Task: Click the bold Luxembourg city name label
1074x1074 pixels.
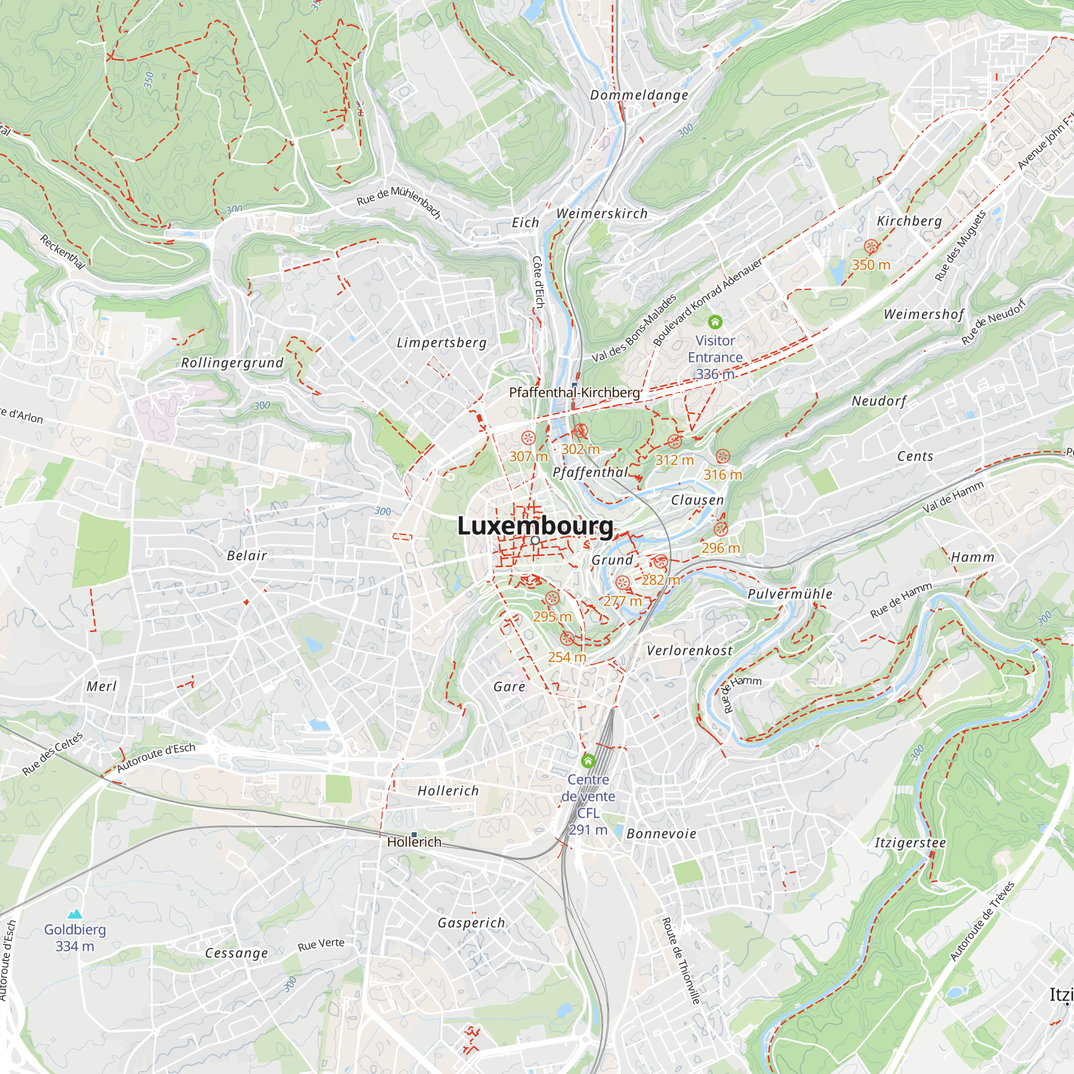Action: pos(535,526)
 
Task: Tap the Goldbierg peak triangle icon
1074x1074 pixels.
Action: pos(75,914)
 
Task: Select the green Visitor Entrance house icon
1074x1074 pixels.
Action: pos(715,322)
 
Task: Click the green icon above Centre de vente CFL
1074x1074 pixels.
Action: pos(588,760)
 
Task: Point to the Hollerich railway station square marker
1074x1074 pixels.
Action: pos(414,834)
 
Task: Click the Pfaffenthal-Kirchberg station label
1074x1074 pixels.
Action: pos(574,393)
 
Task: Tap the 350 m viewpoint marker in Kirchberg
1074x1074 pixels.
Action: pos(871,246)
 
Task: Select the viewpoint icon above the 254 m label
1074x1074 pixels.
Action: pos(567,638)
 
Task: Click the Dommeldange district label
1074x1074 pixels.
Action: pos(639,95)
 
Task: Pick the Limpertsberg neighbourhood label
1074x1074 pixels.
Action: pos(441,343)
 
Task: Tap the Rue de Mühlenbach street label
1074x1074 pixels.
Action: pos(398,201)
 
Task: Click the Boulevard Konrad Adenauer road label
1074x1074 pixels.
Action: pos(707,303)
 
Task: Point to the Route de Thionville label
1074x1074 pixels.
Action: pos(680,960)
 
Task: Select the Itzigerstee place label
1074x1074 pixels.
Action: pos(910,843)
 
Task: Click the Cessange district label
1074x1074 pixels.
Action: pos(237,953)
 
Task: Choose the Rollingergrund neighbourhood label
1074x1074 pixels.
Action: pos(233,363)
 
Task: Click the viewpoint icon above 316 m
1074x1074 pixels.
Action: pos(722,456)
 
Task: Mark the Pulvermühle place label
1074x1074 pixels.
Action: pos(790,594)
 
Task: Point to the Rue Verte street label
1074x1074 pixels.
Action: pos(321,945)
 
